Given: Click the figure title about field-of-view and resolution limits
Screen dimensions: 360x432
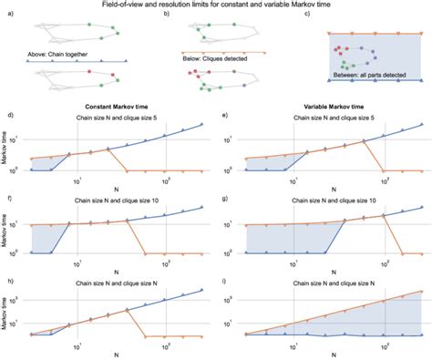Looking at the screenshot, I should point(216,5).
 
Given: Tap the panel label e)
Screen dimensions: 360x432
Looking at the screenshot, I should point(224,114).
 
